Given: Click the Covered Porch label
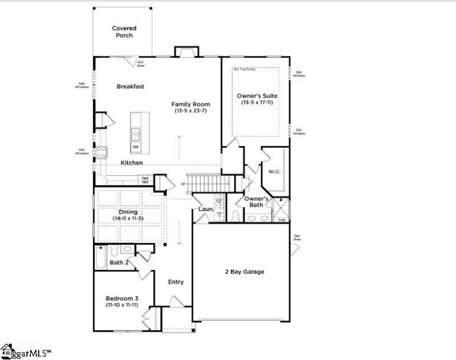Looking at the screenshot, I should pyautogui.click(x=124, y=31).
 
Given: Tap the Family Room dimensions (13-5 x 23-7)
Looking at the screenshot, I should pyautogui.click(x=192, y=111).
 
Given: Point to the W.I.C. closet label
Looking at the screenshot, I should pyautogui.click(x=275, y=171).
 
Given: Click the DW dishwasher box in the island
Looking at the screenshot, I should pyautogui.click(x=136, y=147).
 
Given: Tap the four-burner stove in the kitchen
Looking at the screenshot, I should pyautogui.click(x=101, y=152).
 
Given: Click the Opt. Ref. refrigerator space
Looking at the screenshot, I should pyautogui.click(x=146, y=180).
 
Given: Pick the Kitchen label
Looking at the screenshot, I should pyautogui.click(x=131, y=163).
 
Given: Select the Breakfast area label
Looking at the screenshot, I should pyautogui.click(x=130, y=86).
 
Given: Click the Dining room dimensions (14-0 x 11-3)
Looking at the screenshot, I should pyautogui.click(x=128, y=219).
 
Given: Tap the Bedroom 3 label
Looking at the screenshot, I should pyautogui.click(x=121, y=298).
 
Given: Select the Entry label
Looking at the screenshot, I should pyautogui.click(x=176, y=282).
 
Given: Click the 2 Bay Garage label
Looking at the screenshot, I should pyautogui.click(x=244, y=272).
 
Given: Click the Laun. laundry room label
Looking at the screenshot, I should pyautogui.click(x=205, y=209).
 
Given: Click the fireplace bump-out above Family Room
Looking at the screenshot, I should pyautogui.click(x=186, y=51).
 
